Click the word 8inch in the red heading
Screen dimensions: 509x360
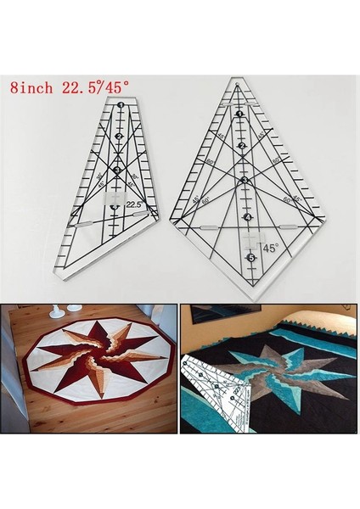[31, 87]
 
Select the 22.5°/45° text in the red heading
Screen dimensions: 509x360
[100, 87]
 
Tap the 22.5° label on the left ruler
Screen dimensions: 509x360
[134, 204]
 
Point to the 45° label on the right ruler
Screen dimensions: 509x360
[270, 249]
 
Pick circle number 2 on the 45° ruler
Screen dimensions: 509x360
[242, 146]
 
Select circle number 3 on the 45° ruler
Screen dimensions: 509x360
[245, 180]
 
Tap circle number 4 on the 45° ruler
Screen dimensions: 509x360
[248, 217]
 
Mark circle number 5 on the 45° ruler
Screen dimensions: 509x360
[250, 257]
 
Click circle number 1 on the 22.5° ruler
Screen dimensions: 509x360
[122, 105]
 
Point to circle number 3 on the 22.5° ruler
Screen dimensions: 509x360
[117, 169]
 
